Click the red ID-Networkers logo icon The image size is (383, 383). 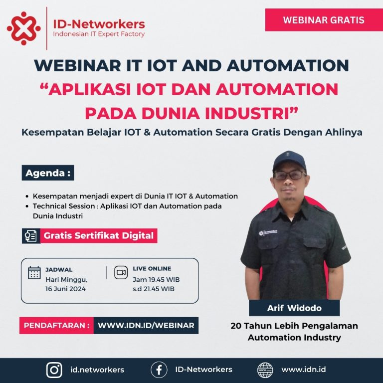pyautogui.click(x=23, y=28)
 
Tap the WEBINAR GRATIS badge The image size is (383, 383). pyautogui.click(x=324, y=20)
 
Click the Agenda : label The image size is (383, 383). pyautogui.click(x=48, y=173)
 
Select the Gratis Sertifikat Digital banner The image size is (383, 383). pyautogui.click(x=98, y=236)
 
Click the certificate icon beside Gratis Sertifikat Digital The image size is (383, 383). pyautogui.click(x=31, y=236)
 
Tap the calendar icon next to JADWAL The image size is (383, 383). pyautogui.click(x=34, y=272)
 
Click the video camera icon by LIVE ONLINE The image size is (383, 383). pyautogui.click(x=121, y=272)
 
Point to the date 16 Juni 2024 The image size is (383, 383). pyautogui.click(x=65, y=289)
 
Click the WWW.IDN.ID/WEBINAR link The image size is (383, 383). pyautogui.click(x=146, y=326)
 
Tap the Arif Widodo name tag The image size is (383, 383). pyautogui.click(x=294, y=308)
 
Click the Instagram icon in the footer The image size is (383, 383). pyautogui.click(x=54, y=370)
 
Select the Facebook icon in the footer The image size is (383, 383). pyautogui.click(x=159, y=370)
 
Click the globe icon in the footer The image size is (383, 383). pyautogui.click(x=265, y=370)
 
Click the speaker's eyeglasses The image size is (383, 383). pyautogui.click(x=289, y=175)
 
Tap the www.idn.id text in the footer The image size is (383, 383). pyautogui.click(x=304, y=370)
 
